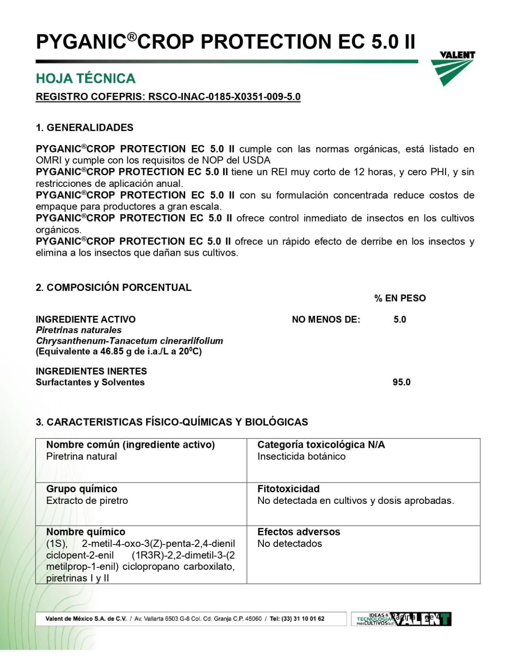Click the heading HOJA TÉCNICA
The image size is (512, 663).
[85, 78]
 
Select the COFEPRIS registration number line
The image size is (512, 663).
[168, 97]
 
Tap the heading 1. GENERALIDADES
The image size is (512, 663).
[85, 128]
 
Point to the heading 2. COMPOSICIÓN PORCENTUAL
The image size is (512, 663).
[114, 288]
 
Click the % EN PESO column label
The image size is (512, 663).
[400, 298]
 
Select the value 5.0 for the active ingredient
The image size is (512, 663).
[400, 319]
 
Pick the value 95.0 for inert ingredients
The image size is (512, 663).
[401, 382]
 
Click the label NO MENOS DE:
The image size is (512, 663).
[326, 319]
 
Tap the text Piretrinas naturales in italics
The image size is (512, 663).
[79, 330]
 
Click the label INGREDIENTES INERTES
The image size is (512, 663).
[91, 371]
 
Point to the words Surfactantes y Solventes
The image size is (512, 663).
[90, 382]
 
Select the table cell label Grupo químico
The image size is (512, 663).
[82, 489]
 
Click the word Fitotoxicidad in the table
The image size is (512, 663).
[288, 489]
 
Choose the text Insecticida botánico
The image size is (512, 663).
[301, 457]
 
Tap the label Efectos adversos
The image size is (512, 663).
[299, 532]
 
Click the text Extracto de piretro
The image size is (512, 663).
[87, 501]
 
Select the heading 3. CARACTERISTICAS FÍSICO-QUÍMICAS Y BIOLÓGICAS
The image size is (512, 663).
[172, 422]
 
